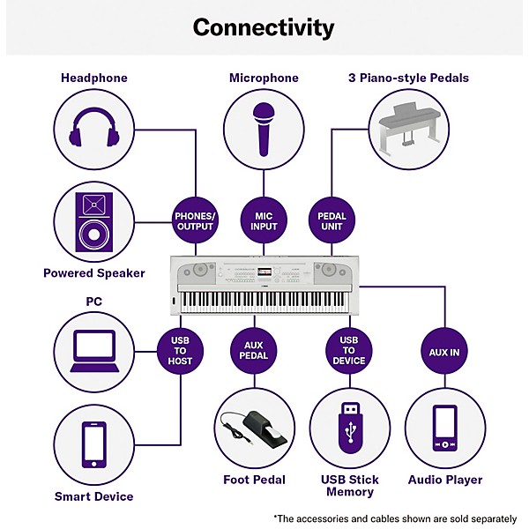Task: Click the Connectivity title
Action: [x=264, y=27]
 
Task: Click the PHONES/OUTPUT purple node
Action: [x=194, y=220]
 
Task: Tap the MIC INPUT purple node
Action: [x=263, y=220]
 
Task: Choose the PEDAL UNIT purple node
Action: [x=331, y=220]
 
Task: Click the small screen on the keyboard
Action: [x=264, y=269]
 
